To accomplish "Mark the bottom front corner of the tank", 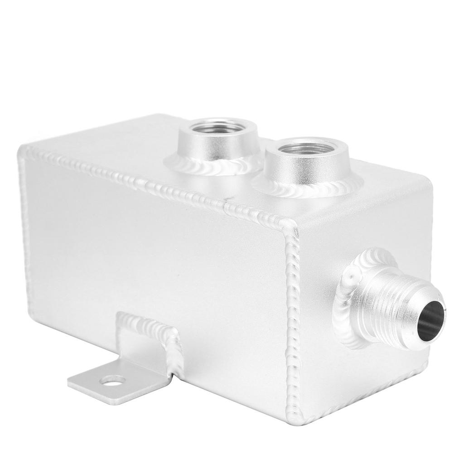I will [303, 424].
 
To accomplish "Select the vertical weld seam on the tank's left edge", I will [24, 227].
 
